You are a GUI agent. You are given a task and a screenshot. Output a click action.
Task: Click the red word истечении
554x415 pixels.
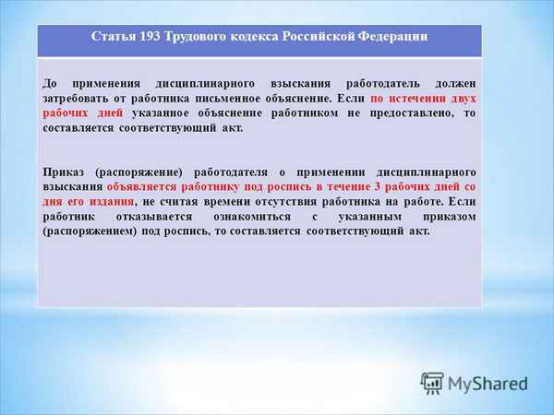click(414, 98)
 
